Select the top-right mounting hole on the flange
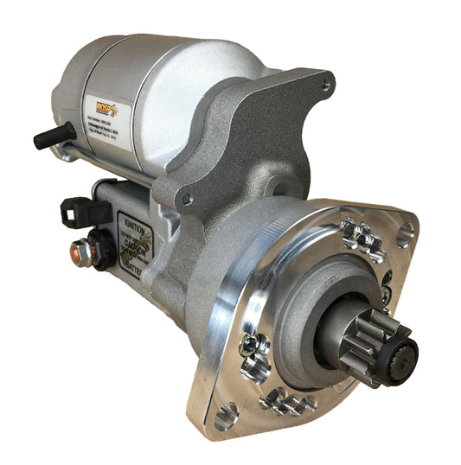(402, 236)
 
